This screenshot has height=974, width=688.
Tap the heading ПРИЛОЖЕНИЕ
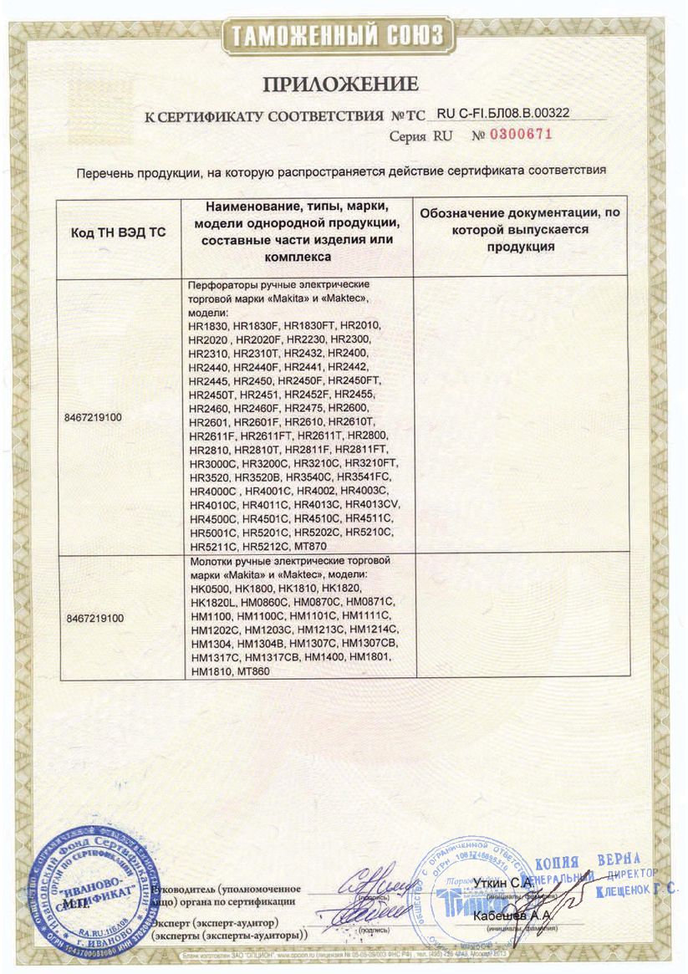[x=340, y=84]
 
